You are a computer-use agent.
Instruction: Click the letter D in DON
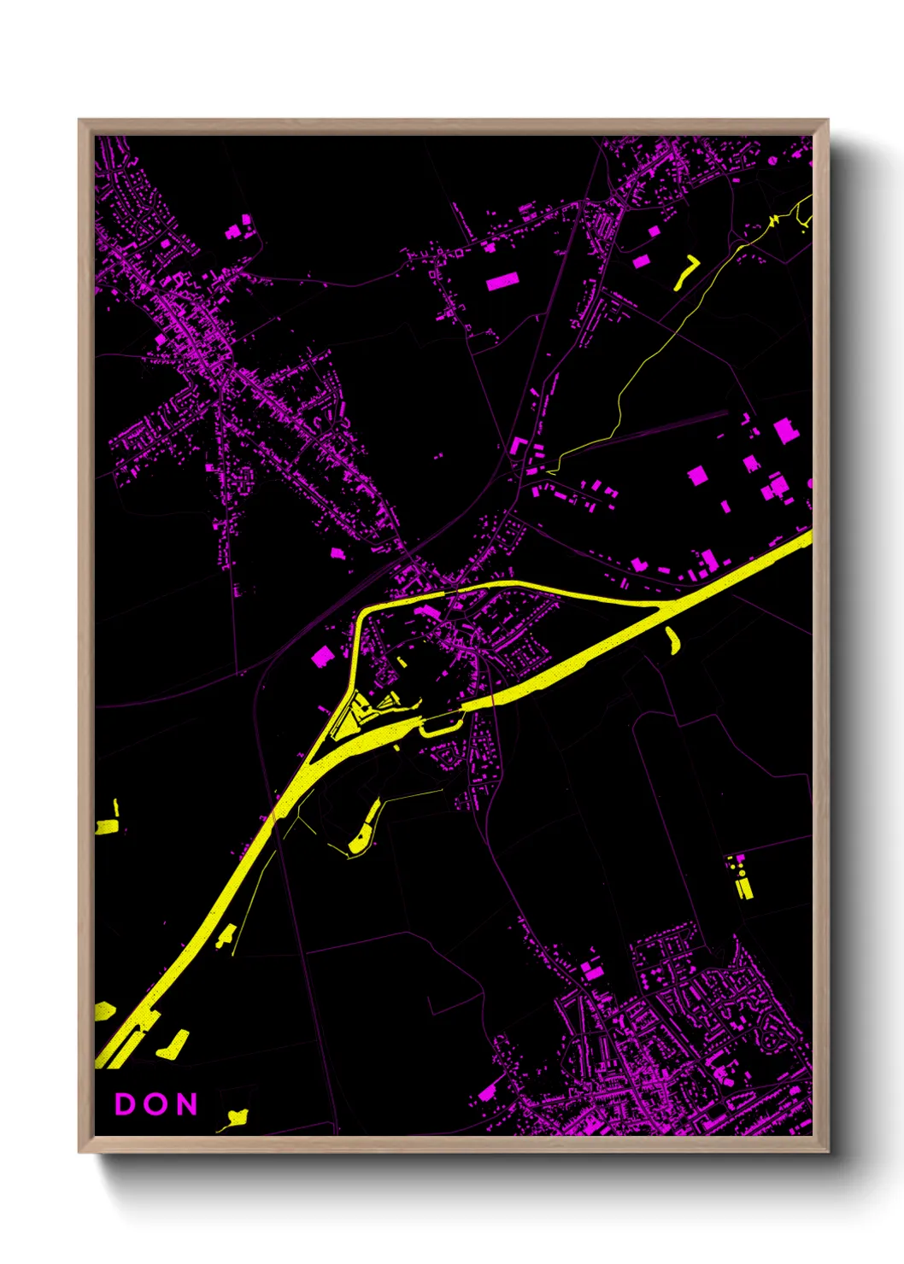[x=125, y=1104]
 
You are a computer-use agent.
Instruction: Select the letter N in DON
[x=186, y=1104]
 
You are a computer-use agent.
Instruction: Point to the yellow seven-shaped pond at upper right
[x=686, y=271]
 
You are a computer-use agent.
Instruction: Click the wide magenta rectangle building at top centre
[x=502, y=281]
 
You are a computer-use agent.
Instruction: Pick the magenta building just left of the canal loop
[x=322, y=656]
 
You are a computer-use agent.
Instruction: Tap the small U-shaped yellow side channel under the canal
[x=440, y=727]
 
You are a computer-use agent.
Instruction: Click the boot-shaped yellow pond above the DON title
[x=175, y=1044]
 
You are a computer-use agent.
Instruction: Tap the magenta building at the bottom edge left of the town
[x=487, y=1093]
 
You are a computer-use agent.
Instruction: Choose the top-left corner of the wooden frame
[x=79, y=120]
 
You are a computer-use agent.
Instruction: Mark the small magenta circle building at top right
[x=772, y=160]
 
